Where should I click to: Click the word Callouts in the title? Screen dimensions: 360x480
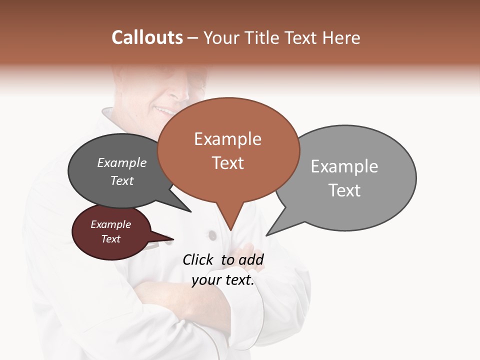(x=147, y=37)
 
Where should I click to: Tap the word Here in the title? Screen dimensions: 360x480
(x=340, y=37)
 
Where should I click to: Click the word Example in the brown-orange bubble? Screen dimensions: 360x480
(x=227, y=139)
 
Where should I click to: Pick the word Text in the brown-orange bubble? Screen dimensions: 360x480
(x=227, y=163)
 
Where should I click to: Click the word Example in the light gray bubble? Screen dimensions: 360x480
(x=344, y=166)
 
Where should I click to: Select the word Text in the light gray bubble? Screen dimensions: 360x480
(x=344, y=190)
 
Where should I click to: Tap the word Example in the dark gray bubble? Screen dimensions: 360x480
(x=122, y=162)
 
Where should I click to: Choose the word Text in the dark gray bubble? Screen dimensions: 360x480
(x=122, y=180)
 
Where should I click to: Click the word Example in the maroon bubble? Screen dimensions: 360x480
(x=110, y=224)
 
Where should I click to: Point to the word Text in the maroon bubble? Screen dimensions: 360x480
(x=110, y=239)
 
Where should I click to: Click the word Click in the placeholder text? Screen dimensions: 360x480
(x=198, y=259)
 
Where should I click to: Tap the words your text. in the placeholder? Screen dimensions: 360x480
(x=223, y=280)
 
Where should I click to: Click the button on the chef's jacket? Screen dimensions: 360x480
(x=212, y=234)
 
